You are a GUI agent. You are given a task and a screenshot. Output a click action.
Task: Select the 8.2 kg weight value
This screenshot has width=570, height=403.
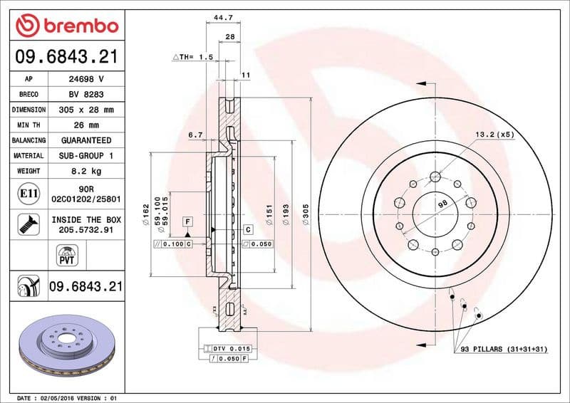(86, 171)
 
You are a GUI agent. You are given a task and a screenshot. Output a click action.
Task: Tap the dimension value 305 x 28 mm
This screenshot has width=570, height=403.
(86, 110)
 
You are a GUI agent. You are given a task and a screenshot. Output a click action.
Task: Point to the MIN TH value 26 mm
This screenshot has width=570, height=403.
(86, 125)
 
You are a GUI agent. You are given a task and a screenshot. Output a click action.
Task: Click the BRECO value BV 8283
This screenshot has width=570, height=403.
(86, 95)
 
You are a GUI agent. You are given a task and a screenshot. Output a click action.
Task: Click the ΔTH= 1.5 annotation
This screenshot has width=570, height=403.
(193, 56)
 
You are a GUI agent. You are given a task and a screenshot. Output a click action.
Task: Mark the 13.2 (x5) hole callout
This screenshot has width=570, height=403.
(494, 134)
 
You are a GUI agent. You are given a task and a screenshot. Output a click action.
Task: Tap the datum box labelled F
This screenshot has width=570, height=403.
(187, 221)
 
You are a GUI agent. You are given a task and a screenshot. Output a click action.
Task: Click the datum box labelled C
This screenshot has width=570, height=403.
(248, 229)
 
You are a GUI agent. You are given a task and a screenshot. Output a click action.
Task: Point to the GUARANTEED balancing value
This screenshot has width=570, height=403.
(86, 140)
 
